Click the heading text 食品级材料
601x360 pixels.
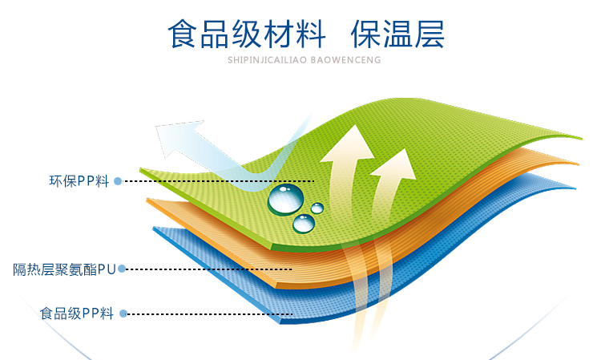(247, 34)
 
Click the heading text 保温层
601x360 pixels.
(397, 34)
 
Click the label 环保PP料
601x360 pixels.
(79, 181)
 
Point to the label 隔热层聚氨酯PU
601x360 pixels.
(64, 269)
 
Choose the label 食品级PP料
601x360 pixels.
(77, 313)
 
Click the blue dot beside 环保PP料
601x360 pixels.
(118, 181)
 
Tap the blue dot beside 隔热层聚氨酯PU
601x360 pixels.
(122, 269)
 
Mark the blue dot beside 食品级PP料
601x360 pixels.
(123, 313)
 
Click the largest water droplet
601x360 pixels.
(285, 200)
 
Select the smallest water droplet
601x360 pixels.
(317, 208)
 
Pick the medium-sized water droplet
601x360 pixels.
(304, 224)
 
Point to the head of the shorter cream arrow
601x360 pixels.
(395, 164)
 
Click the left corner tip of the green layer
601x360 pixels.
(140, 169)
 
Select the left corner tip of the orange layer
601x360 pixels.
(147, 200)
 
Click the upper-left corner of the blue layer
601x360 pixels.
(153, 228)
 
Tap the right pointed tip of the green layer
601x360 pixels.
(582, 139)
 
